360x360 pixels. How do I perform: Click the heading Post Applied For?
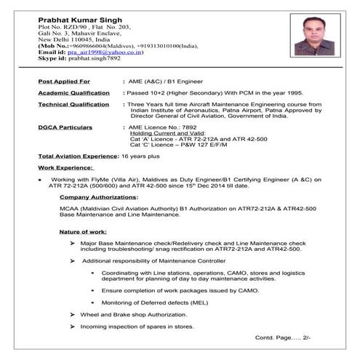64,81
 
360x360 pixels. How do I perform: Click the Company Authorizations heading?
98,197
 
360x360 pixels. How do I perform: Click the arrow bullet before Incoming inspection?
72,327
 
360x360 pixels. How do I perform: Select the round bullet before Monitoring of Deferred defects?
94,302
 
